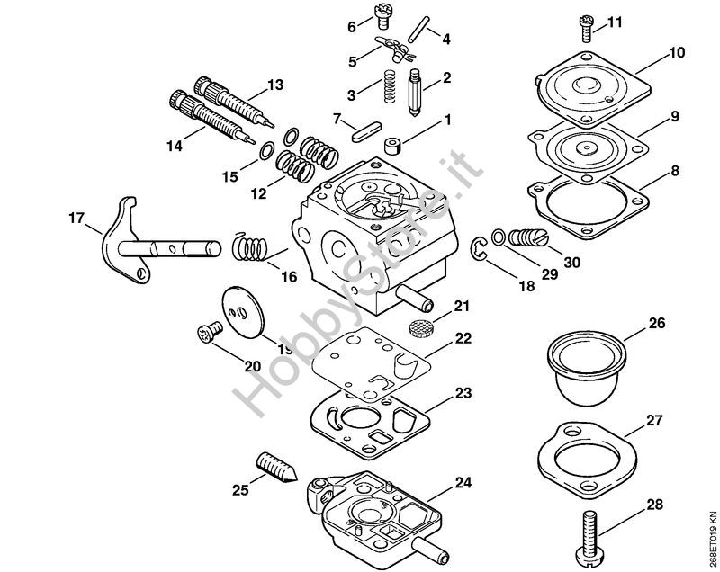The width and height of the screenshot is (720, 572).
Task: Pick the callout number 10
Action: [x=676, y=54]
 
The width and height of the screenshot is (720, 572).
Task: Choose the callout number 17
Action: [x=76, y=217]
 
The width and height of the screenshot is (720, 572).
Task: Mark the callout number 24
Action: [x=462, y=483]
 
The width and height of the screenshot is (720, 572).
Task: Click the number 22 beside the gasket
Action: [x=463, y=338]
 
